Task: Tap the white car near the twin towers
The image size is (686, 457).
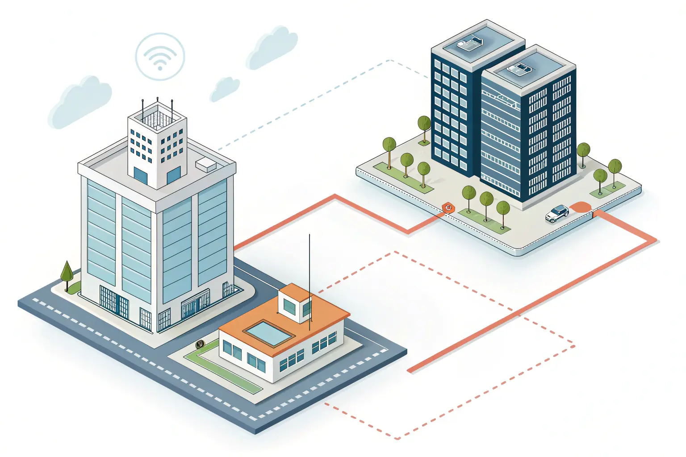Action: [x=557, y=213]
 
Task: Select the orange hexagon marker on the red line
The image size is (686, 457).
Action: [x=448, y=208]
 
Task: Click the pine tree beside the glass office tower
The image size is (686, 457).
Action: [x=67, y=272]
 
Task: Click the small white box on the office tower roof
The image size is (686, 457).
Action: [x=206, y=164]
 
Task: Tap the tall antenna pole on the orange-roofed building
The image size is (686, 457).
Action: [x=310, y=281]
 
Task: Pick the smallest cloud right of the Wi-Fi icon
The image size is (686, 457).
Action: [x=225, y=88]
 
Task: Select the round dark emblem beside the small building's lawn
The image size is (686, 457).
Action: [x=200, y=344]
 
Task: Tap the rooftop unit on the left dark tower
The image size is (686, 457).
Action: [x=470, y=43]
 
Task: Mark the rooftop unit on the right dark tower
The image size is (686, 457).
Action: [x=519, y=68]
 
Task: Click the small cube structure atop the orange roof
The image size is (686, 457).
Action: [x=295, y=305]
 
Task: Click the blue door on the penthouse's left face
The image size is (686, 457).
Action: [x=140, y=175]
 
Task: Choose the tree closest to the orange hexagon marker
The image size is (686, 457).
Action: [x=468, y=195]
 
